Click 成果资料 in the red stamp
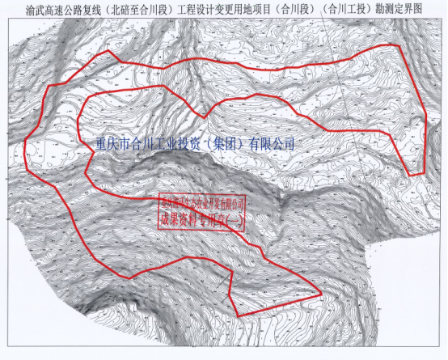click(176, 217)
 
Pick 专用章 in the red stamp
click(211, 217)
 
